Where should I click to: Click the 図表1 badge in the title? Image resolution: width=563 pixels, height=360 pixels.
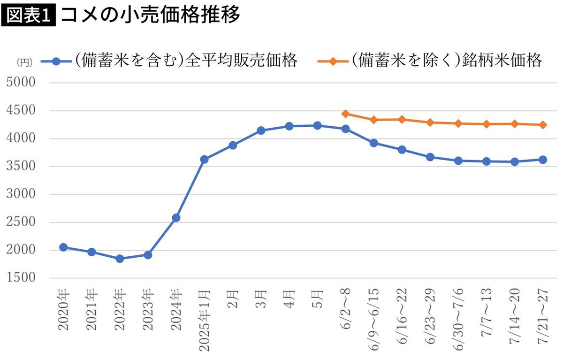(x=29, y=16)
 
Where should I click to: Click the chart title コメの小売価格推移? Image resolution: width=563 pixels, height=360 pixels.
(x=150, y=16)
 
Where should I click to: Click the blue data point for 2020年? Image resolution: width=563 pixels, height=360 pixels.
(x=63, y=247)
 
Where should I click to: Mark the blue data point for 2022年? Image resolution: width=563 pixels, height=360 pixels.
(x=120, y=259)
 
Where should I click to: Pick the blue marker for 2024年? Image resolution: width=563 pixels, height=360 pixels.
(x=176, y=218)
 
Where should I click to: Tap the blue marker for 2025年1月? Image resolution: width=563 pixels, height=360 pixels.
(x=204, y=160)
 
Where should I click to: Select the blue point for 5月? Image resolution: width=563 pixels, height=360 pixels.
(x=317, y=125)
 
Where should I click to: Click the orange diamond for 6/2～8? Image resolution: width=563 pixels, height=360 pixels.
(x=345, y=114)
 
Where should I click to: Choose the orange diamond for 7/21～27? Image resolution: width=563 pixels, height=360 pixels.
(x=543, y=125)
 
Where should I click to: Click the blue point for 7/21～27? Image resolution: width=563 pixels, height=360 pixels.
(x=543, y=160)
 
